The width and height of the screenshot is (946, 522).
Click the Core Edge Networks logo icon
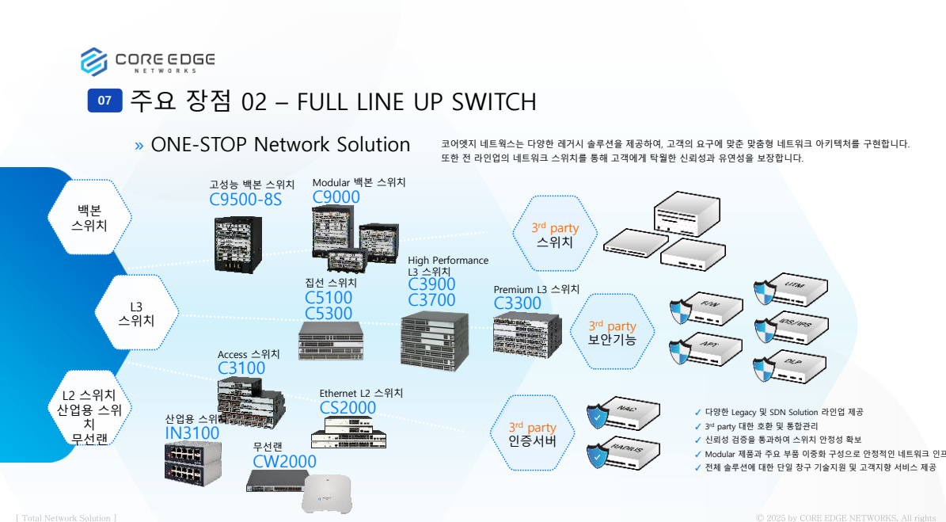(93, 61)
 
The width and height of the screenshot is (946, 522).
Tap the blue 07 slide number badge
(104, 101)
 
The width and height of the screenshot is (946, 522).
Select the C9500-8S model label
(245, 200)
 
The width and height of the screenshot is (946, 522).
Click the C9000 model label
(336, 197)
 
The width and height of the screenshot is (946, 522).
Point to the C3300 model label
(518, 303)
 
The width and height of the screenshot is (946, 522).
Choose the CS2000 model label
(348, 408)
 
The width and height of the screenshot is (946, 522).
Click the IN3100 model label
(192, 433)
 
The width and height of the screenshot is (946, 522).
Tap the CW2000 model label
(284, 461)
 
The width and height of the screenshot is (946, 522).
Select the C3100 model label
(241, 368)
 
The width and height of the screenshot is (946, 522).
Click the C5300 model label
(329, 314)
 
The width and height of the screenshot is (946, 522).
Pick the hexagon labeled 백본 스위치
(89, 217)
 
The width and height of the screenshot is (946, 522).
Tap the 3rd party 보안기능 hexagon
(612, 332)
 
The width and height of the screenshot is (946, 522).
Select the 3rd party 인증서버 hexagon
(532, 433)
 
